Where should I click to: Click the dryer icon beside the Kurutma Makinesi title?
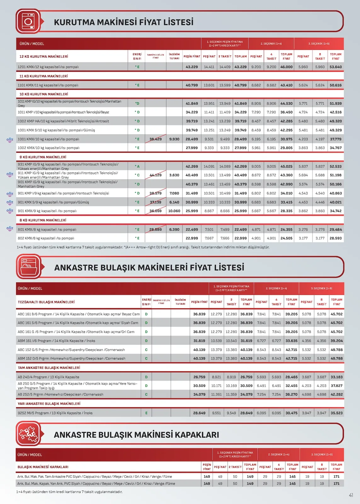(x=28, y=21)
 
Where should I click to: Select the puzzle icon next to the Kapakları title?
(x=28, y=434)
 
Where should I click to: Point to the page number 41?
(x=351, y=495)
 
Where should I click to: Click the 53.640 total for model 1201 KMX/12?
(x=335, y=67)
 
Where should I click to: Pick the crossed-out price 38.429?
(x=155, y=139)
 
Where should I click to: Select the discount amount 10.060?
(x=174, y=211)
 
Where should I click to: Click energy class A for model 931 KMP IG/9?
(x=137, y=166)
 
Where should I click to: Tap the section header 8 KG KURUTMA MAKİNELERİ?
(x=43, y=220)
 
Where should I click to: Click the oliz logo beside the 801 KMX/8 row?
(x=10, y=228)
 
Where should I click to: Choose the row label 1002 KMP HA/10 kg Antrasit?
(x=63, y=121)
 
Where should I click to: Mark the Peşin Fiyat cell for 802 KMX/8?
(x=191, y=238)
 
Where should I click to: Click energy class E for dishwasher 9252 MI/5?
(x=146, y=413)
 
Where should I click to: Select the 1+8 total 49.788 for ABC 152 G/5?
(x=336, y=350)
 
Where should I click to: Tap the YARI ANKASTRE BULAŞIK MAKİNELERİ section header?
(x=49, y=404)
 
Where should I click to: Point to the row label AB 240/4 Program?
(x=49, y=377)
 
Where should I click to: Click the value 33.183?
(x=336, y=377)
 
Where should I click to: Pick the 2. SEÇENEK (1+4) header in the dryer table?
(x=271, y=43)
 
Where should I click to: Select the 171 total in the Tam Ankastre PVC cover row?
(x=336, y=477)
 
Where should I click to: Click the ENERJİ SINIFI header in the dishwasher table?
(x=146, y=302)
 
